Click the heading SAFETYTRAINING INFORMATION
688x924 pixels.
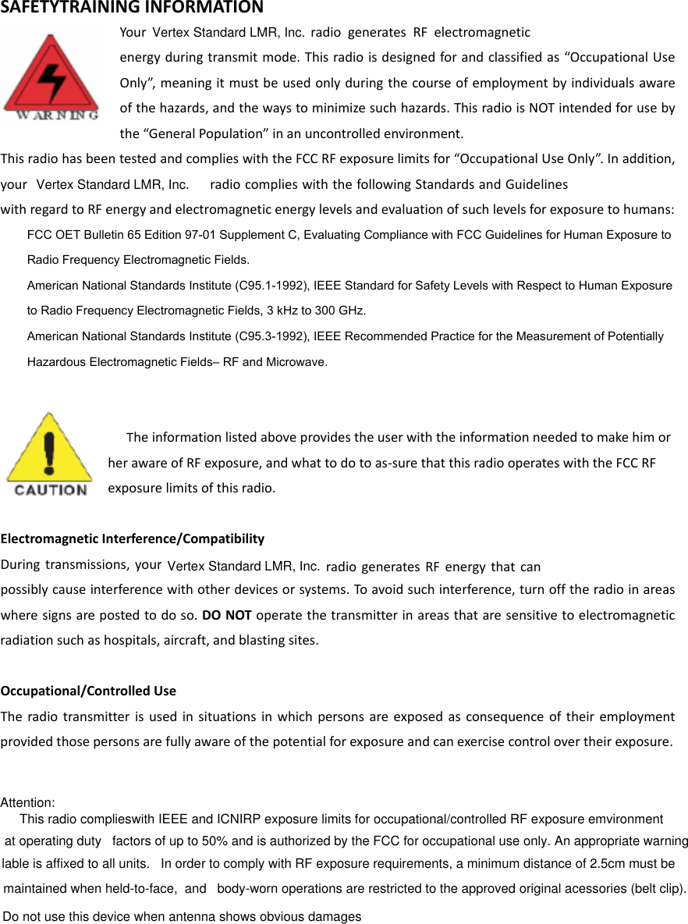click(x=132, y=9)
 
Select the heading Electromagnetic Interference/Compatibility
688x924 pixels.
click(x=133, y=538)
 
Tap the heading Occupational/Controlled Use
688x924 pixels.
click(x=88, y=691)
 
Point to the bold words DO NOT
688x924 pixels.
click(x=226, y=614)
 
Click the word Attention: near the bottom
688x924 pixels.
click(x=27, y=802)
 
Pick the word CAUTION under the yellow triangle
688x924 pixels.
click(x=51, y=490)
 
